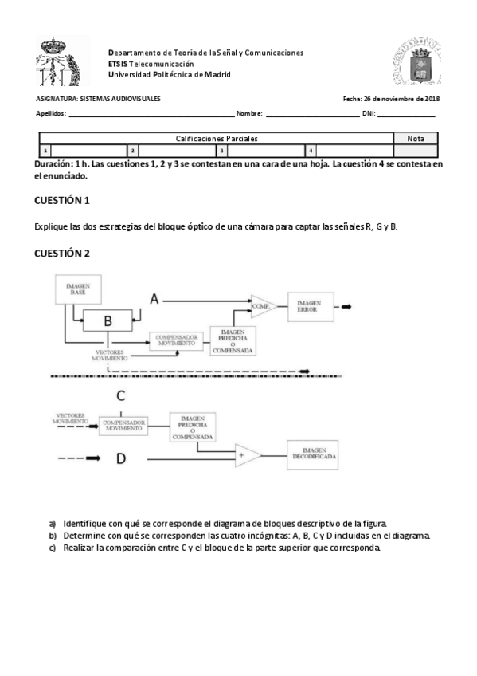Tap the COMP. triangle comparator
click(261, 305)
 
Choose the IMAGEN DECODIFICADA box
click(314, 454)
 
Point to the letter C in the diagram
click(120, 396)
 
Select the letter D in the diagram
click(120, 458)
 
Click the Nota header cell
click(416, 139)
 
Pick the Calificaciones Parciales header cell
click(217, 139)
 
